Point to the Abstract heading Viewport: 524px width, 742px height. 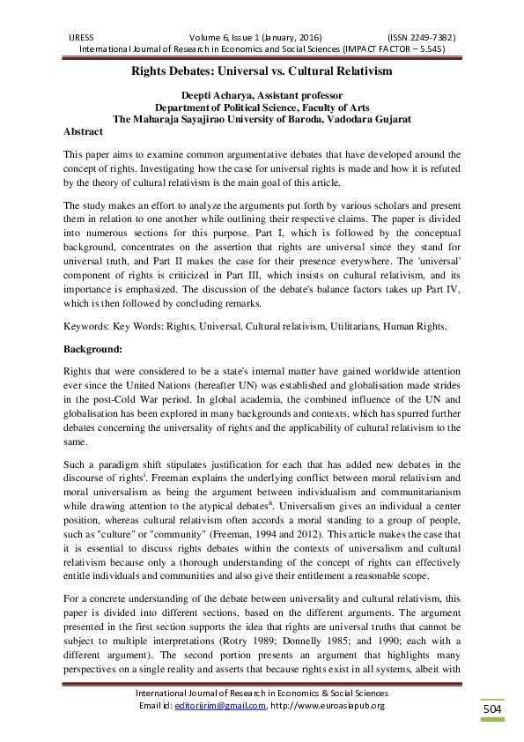[84, 130]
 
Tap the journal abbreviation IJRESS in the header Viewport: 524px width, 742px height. [82, 38]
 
